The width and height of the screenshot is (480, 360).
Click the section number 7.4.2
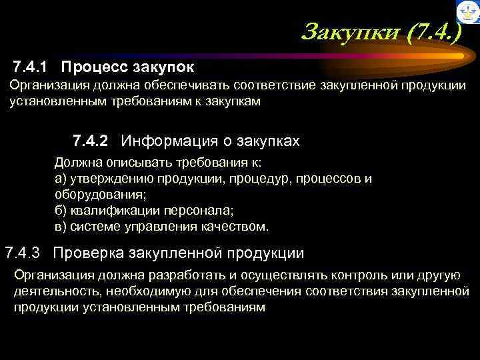point(92,141)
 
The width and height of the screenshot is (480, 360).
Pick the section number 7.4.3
point(23,253)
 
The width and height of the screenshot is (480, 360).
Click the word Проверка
point(87,253)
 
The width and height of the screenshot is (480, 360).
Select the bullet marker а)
point(60,179)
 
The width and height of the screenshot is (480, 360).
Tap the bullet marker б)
point(60,211)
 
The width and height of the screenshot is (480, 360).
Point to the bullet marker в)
point(60,227)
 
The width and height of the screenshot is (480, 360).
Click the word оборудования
point(98,195)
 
